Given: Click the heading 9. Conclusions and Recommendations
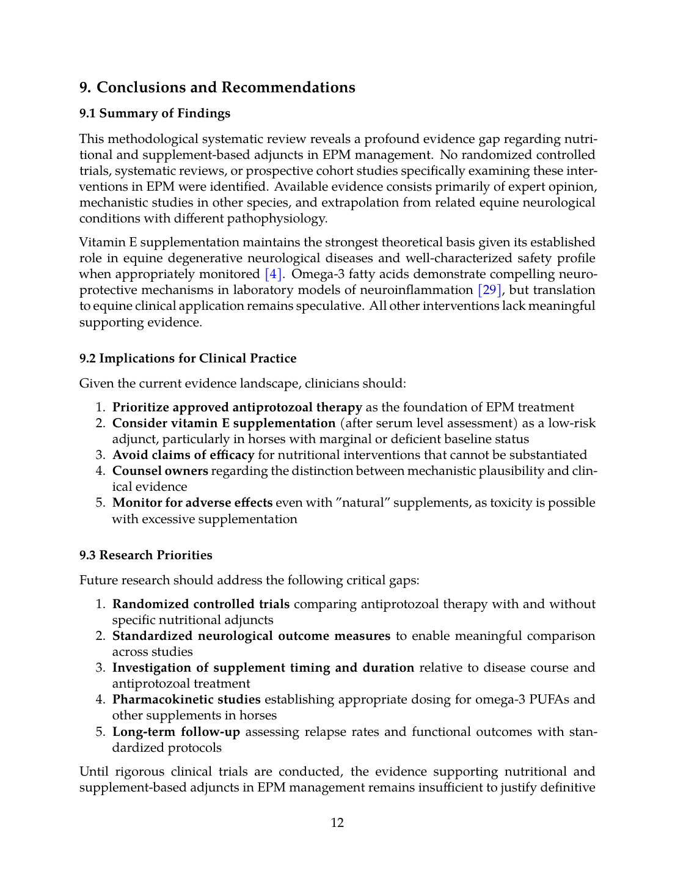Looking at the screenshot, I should click(217, 87).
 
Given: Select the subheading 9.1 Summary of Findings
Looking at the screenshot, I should click(155, 113).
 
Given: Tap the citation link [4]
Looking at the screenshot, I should click(273, 274).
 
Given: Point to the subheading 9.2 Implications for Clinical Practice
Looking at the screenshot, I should click(188, 358).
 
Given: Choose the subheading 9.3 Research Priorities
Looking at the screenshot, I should click(145, 555).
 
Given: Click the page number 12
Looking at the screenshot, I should click(337, 823).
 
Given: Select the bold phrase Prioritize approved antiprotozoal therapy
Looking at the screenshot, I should click(237, 408).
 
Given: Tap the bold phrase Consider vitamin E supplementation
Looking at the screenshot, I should click(224, 424).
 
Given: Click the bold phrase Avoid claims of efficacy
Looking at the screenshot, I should click(183, 455).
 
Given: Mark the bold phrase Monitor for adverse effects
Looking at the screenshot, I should click(192, 503).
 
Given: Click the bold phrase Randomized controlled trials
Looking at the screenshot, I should click(200, 604).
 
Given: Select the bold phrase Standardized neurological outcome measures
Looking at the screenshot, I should click(251, 636).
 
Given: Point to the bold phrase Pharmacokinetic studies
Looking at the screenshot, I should click(186, 700).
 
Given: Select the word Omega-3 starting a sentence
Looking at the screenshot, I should click(317, 274).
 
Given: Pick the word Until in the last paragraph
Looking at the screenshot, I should click(94, 772).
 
